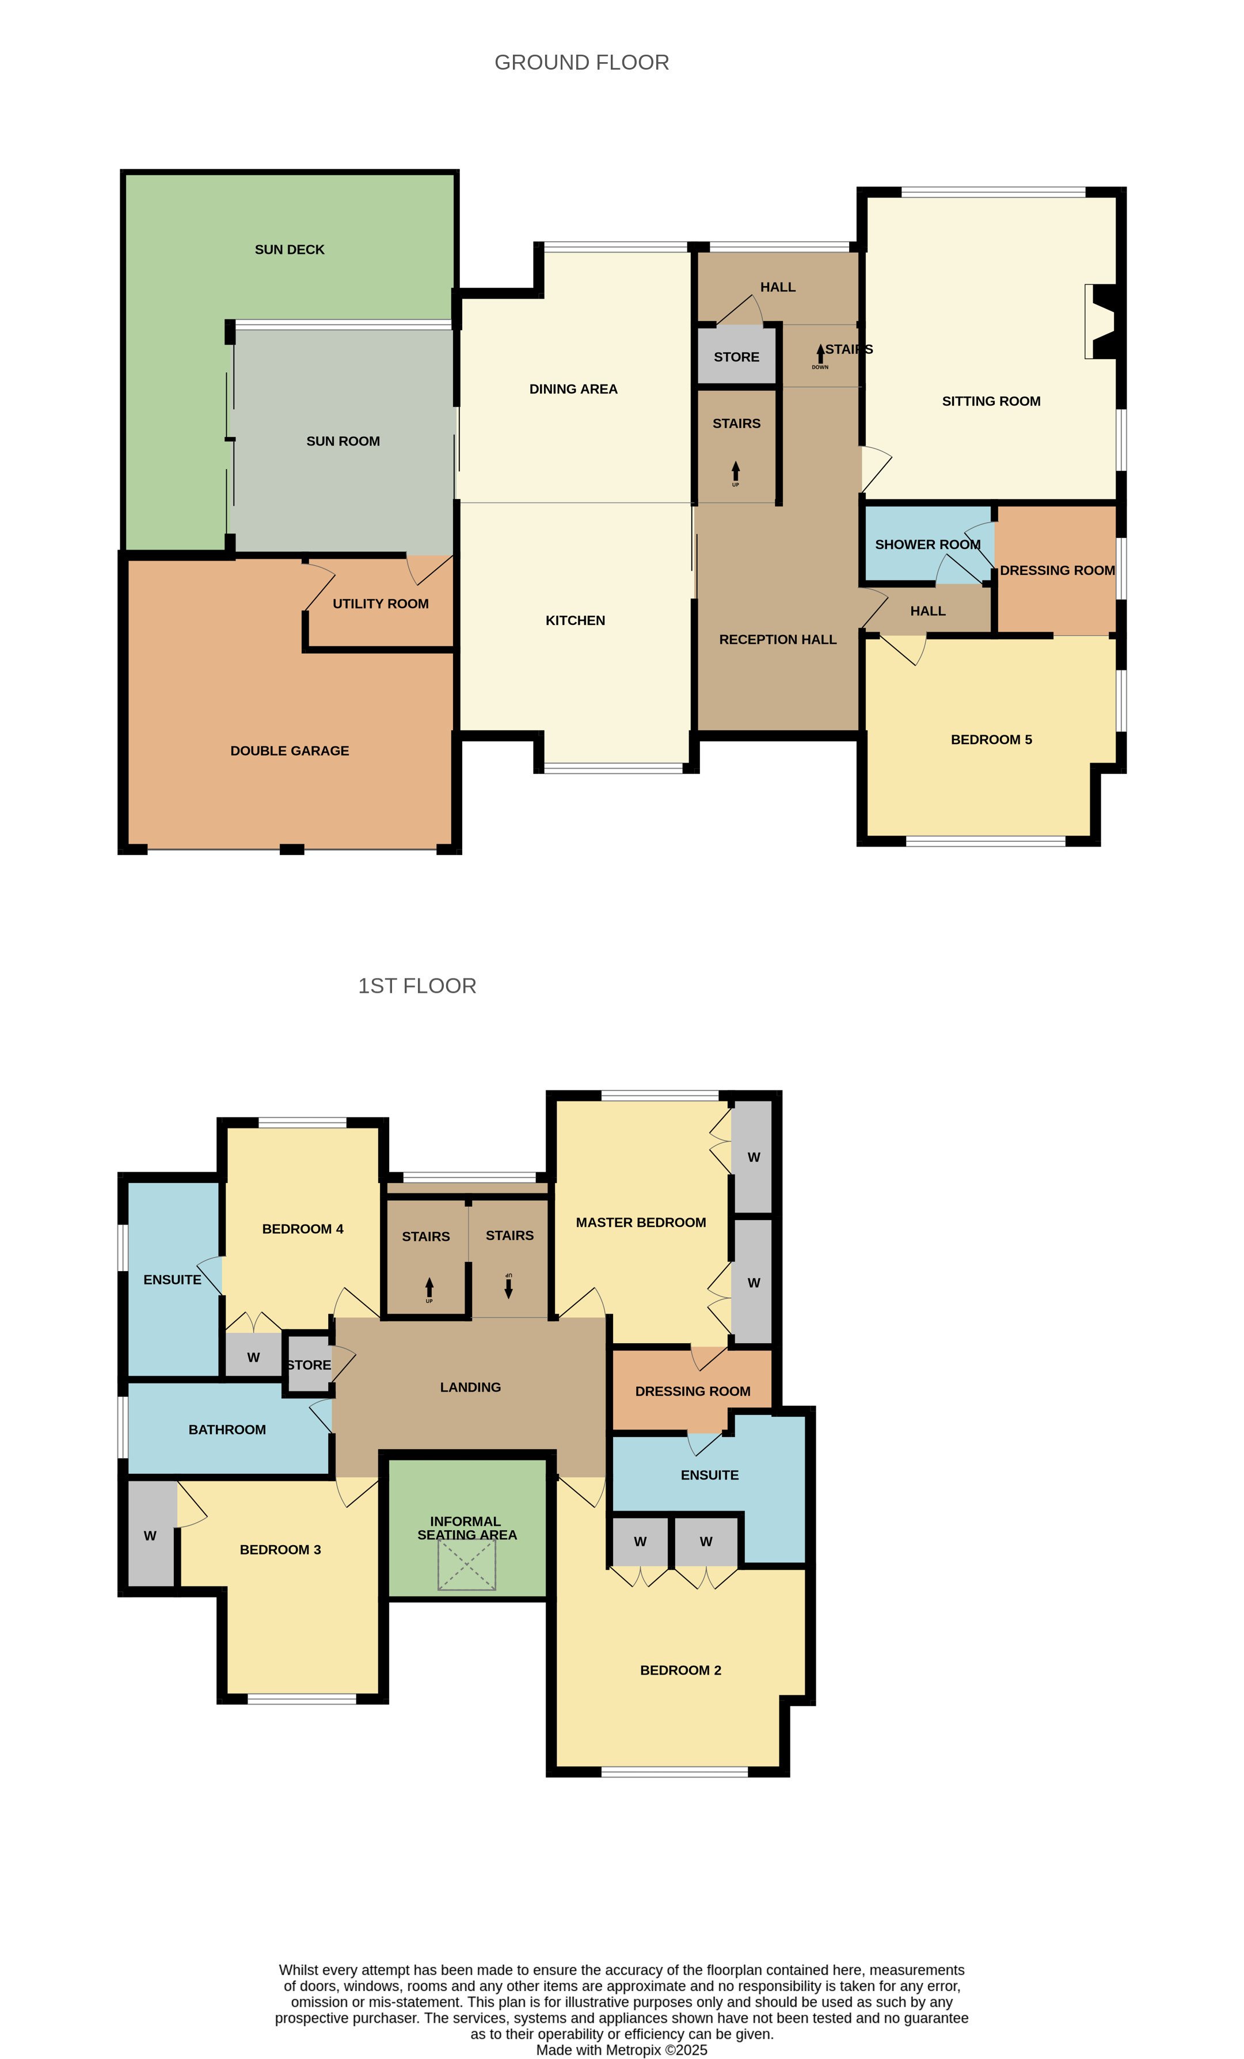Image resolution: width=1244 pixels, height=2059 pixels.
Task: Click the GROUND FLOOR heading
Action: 581,63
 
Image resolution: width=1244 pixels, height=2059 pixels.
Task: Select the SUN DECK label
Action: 289,250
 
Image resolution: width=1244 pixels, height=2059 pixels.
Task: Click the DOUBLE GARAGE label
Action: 289,751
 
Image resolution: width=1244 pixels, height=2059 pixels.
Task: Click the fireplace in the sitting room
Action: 1101,322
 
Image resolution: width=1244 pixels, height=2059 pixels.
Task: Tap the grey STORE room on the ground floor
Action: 736,356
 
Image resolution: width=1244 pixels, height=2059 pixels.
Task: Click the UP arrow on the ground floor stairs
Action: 736,471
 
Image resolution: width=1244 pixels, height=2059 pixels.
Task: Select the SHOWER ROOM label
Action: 927,545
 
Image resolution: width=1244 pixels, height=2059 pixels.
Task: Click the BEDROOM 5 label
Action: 991,739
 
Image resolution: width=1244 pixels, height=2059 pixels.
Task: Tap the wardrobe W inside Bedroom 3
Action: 150,1535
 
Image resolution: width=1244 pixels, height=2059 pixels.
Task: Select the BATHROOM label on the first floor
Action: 227,1430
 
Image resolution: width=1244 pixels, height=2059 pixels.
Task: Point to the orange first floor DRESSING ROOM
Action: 692,1390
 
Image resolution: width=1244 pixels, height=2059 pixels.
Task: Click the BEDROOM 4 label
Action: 303,1229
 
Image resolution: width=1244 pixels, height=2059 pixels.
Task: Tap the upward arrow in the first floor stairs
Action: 429,1288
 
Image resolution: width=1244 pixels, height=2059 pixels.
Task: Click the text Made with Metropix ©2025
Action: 622,2050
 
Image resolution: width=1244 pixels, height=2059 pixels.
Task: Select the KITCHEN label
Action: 575,621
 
